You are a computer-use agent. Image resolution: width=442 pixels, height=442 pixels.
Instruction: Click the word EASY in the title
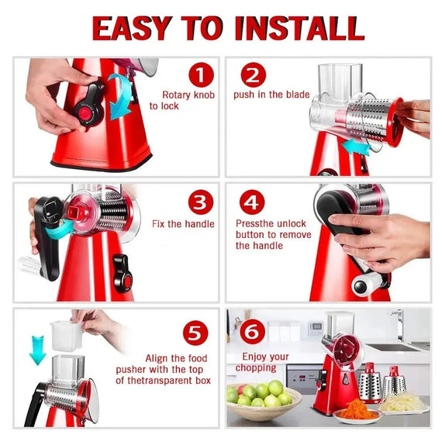coord(133,28)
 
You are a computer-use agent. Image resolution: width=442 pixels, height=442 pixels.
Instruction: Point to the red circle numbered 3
coord(199,203)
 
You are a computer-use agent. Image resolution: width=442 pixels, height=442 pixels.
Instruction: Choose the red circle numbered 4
coord(251,203)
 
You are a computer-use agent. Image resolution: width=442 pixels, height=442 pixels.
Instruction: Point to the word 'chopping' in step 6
coord(256,368)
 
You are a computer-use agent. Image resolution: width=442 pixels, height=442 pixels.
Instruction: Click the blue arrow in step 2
coord(353,147)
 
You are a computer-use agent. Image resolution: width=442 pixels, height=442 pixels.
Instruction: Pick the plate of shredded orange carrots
coord(357,410)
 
